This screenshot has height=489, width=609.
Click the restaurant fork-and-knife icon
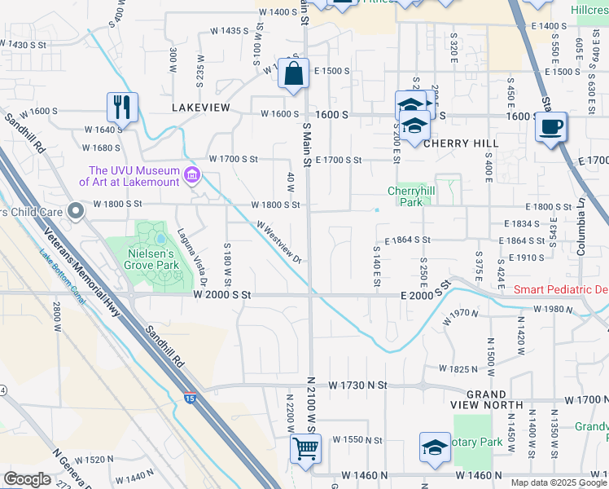coord(122,106)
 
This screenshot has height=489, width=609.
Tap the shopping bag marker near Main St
coord(293,73)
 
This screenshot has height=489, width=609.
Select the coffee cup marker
coord(551,127)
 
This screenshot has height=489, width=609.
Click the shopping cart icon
coord(305,447)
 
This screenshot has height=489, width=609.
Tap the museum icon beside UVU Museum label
coord(193,175)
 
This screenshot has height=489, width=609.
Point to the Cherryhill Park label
coord(406,196)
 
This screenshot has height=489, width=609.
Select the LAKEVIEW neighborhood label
coord(201,108)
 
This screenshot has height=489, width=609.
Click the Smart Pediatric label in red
coord(561,290)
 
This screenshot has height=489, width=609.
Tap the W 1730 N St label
coord(359,384)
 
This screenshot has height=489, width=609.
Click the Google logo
coord(27,479)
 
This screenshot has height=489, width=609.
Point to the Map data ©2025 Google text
coord(558,482)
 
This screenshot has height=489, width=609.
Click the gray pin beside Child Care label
coord(77,212)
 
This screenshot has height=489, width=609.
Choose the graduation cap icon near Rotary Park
coord(435,447)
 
